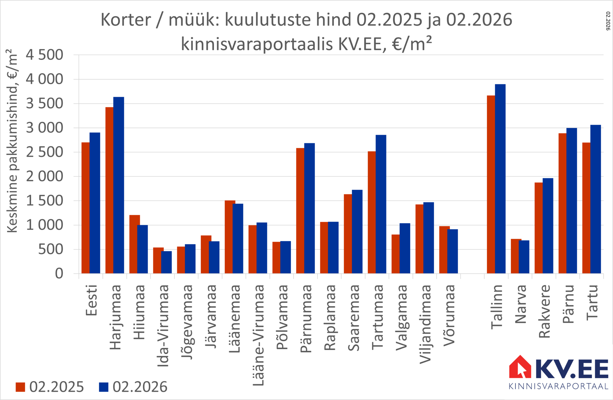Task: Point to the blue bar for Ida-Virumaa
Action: click(x=166, y=262)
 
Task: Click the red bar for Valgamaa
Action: click(x=395, y=254)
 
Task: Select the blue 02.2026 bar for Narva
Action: click(x=524, y=257)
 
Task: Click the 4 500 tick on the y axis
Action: click(x=45, y=55)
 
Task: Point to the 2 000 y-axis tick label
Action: click(x=45, y=176)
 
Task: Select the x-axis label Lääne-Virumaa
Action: click(x=258, y=335)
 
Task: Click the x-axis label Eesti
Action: click(x=91, y=300)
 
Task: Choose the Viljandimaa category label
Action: click(x=425, y=324)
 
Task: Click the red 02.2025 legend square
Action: click(x=21, y=387)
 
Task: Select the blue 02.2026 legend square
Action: click(x=104, y=387)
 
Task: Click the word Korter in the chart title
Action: click(x=126, y=20)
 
